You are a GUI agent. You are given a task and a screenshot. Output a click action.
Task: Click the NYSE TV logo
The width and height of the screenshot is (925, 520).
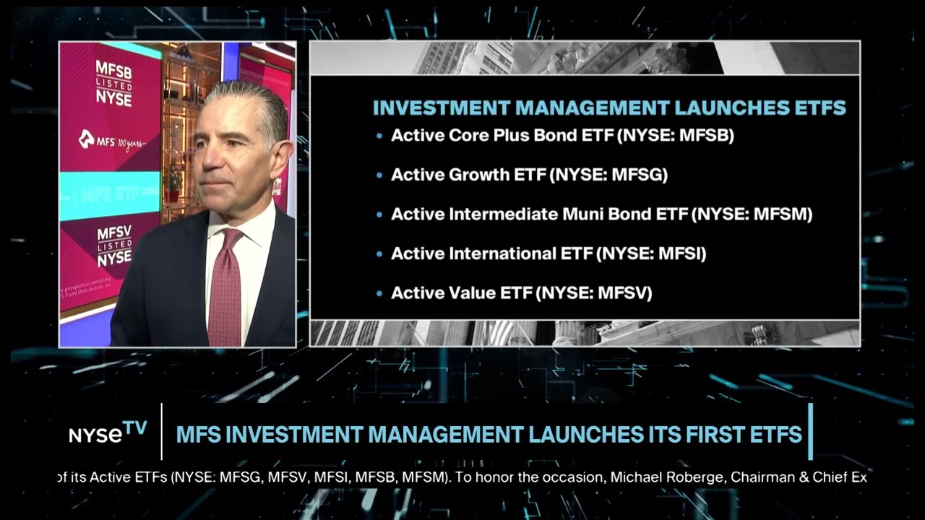tap(108, 433)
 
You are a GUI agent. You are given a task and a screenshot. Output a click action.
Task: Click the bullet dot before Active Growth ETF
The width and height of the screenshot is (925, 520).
tap(380, 175)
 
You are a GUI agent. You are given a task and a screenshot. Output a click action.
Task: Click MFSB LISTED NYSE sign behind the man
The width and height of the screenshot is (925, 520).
tap(114, 84)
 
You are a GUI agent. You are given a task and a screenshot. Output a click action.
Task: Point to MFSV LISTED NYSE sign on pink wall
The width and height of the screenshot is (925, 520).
tap(114, 246)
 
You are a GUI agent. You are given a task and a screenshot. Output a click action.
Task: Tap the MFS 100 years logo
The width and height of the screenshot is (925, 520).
tap(112, 140)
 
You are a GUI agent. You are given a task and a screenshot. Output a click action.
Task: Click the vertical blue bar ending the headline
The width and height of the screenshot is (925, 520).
tap(810, 432)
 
